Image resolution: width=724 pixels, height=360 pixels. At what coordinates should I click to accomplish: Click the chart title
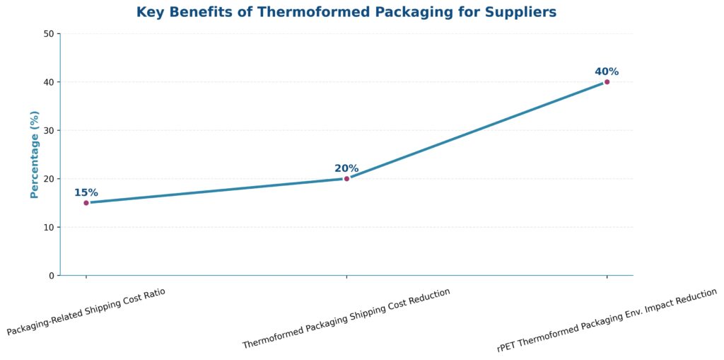click(x=346, y=12)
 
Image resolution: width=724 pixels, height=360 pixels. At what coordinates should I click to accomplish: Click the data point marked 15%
click(x=86, y=203)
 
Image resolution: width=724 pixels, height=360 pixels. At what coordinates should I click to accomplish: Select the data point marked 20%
click(x=346, y=178)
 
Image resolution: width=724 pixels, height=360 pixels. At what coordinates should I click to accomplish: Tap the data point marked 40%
click(x=607, y=82)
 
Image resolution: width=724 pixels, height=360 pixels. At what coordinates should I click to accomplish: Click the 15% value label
click(x=86, y=192)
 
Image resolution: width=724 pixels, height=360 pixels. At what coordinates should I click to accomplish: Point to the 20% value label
click(x=346, y=168)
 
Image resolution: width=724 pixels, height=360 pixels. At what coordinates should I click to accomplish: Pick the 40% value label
click(x=607, y=71)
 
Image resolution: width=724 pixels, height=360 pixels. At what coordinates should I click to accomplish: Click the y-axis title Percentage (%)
click(x=35, y=154)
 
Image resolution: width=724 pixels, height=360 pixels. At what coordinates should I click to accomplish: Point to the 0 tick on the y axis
click(x=51, y=276)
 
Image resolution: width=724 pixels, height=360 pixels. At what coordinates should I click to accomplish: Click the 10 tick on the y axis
click(x=49, y=227)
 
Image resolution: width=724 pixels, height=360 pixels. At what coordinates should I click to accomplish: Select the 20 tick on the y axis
click(x=49, y=179)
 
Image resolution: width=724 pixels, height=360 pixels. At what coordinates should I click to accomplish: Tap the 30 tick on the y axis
click(x=49, y=131)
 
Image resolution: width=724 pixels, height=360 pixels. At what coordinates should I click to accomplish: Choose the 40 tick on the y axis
click(x=49, y=82)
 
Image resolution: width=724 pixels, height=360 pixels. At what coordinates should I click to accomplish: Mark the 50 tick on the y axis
click(x=49, y=34)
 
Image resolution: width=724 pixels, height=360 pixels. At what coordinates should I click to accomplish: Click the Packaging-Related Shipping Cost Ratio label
click(x=86, y=311)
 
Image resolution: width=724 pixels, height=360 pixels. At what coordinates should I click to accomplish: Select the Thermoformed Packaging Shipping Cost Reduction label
click(x=346, y=318)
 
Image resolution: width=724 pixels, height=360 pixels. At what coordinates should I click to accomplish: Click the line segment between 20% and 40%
click(x=477, y=130)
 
